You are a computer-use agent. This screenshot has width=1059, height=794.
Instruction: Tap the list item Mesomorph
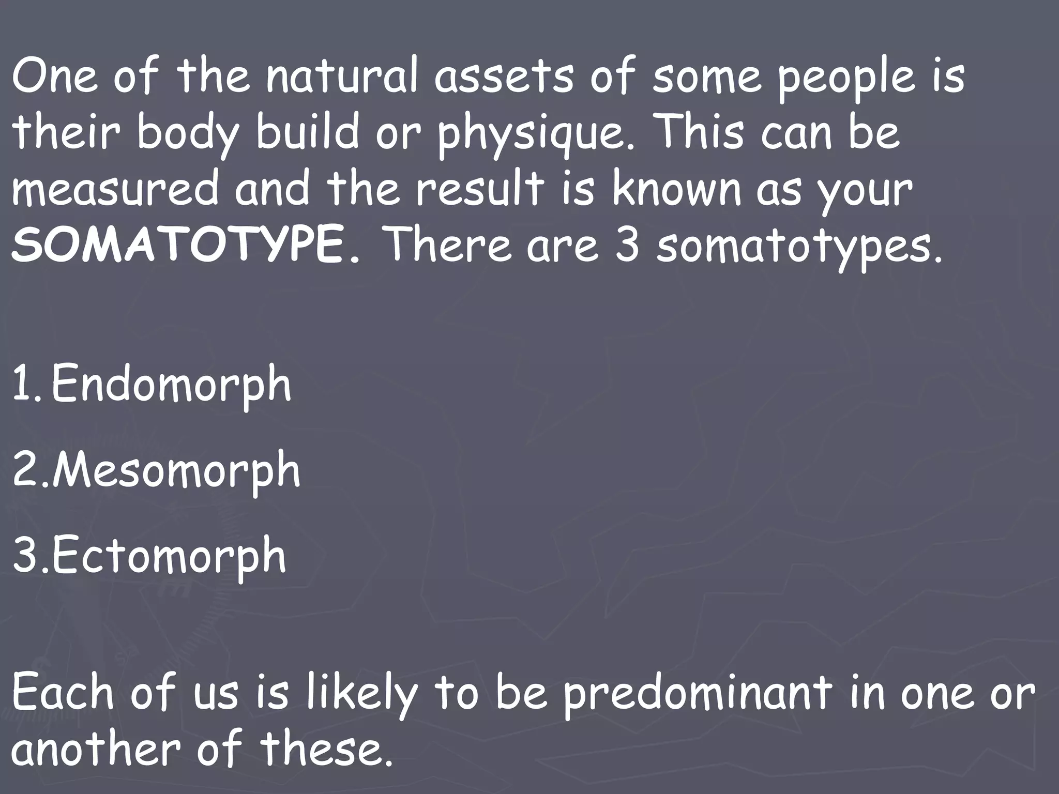[176, 470]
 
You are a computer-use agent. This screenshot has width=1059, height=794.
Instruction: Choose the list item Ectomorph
[169, 556]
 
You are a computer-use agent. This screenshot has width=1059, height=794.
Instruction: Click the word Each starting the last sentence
[63, 693]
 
